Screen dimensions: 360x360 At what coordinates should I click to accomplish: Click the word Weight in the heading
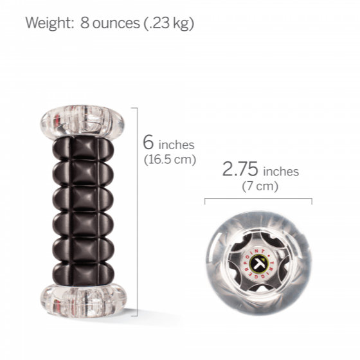pyautogui.click(x=49, y=24)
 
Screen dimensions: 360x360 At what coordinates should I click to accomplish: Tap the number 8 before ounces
pyautogui.click(x=85, y=23)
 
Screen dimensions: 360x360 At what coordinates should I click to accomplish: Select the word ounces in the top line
pyautogui.click(x=116, y=24)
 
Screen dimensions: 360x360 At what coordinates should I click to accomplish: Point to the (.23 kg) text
pyautogui.click(x=169, y=24)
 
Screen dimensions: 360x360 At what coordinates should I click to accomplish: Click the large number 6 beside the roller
pyautogui.click(x=148, y=142)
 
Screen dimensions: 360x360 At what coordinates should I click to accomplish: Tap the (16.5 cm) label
pyautogui.click(x=170, y=159)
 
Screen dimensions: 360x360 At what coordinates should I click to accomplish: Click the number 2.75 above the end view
pyautogui.click(x=240, y=169)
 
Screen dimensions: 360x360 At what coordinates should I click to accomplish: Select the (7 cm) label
pyautogui.click(x=260, y=186)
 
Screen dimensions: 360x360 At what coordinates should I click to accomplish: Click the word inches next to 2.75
pyautogui.click(x=281, y=172)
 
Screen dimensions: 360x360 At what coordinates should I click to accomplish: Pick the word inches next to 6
pyautogui.click(x=177, y=145)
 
